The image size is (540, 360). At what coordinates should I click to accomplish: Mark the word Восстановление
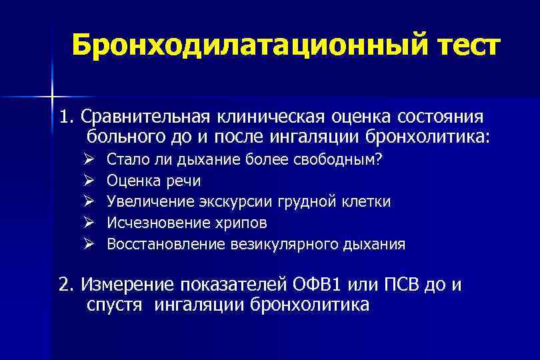[x=155, y=244]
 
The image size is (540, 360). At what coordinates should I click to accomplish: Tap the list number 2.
[x=64, y=285]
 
